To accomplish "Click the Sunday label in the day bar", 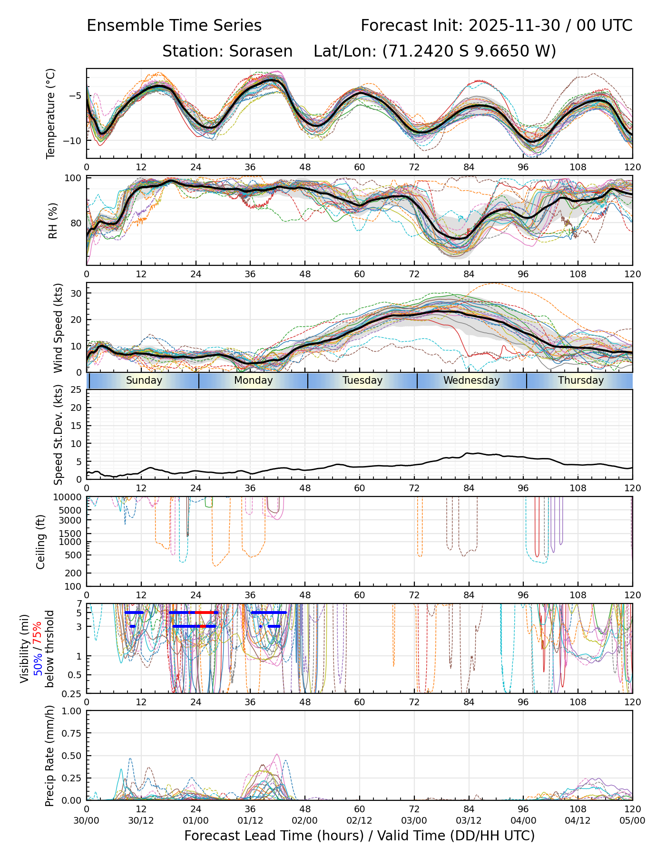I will click(x=144, y=380).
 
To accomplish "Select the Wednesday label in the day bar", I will click(x=471, y=380).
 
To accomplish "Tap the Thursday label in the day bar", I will click(x=581, y=380).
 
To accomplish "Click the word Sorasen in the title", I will click(x=261, y=51).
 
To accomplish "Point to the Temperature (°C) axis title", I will click(x=51, y=113).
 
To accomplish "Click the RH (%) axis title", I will click(x=53, y=221).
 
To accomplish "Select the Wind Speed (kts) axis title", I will click(x=58, y=328).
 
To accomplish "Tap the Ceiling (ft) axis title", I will click(x=41, y=542).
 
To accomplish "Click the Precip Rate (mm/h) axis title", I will click(x=49, y=755).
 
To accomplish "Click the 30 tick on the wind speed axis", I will click(x=76, y=293).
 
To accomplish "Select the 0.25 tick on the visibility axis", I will click(x=73, y=693).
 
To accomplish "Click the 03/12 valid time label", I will click(x=469, y=820).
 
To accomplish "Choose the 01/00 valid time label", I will click(x=196, y=820).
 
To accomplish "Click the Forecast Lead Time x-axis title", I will click(x=359, y=836).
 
